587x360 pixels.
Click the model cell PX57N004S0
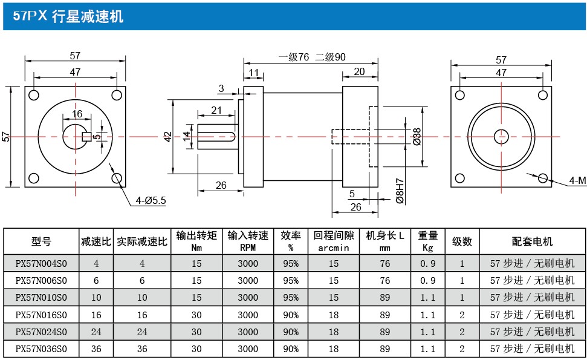coord(41,263)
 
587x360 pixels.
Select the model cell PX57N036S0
coord(41,349)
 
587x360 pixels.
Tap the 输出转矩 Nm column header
coord(196,241)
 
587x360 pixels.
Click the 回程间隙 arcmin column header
coord(334,241)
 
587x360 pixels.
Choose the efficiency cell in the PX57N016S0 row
coord(291,315)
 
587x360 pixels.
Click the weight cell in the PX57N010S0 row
coord(428,298)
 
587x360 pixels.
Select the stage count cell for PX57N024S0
coord(462,332)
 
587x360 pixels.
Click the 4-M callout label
coord(577,180)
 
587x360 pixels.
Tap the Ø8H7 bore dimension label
coord(399,190)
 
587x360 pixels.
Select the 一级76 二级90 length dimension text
coord(311,57)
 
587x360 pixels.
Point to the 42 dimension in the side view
coord(168,137)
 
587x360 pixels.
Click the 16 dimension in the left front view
coord(77,114)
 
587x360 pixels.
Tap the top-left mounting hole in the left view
coord(33,95)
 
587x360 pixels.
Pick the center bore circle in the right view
coord(501,137)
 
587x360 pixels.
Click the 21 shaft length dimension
coord(216,110)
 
